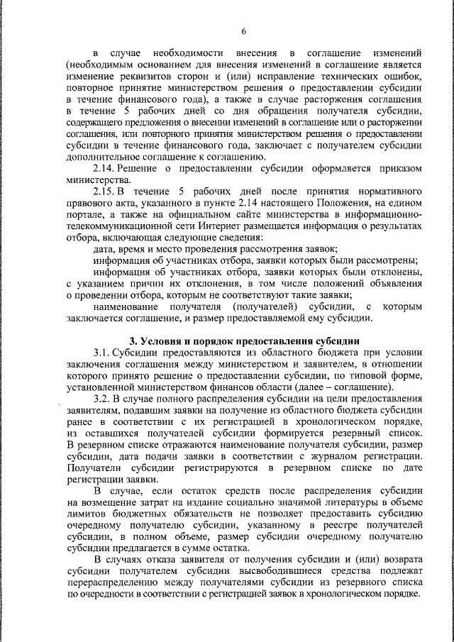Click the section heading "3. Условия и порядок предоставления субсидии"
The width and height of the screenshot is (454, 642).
tap(243, 341)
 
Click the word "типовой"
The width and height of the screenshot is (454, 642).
tap(370, 375)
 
